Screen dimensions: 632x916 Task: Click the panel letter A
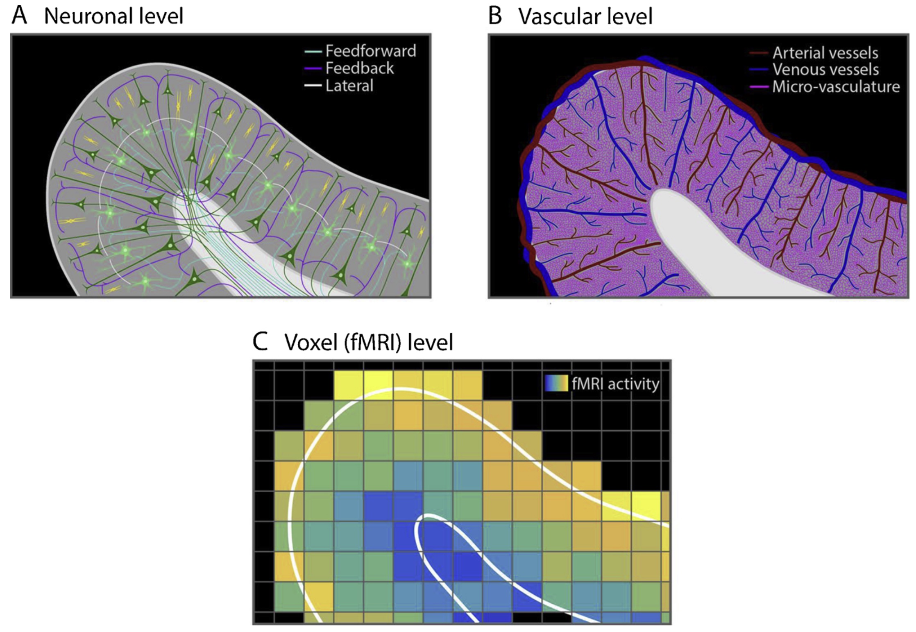pos(19,16)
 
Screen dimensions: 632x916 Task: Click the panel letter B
pos(495,16)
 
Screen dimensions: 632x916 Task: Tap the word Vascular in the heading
pos(559,17)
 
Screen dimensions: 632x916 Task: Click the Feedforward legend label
pos(370,51)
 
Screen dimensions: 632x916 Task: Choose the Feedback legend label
pos(359,68)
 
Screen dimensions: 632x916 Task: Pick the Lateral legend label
pos(349,86)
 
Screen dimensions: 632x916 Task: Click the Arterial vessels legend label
pos(825,53)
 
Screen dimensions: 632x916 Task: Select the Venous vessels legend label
pos(825,70)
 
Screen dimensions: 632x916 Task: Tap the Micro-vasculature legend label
pos(836,87)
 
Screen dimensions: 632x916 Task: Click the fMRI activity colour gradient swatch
pos(556,383)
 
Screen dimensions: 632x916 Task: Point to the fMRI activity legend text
pos(615,384)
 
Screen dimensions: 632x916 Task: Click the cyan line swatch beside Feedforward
pos(313,52)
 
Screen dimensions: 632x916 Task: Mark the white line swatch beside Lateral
pos(313,86)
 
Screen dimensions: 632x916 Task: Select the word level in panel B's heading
pos(631,17)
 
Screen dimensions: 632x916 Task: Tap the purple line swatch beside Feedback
pos(313,68)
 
